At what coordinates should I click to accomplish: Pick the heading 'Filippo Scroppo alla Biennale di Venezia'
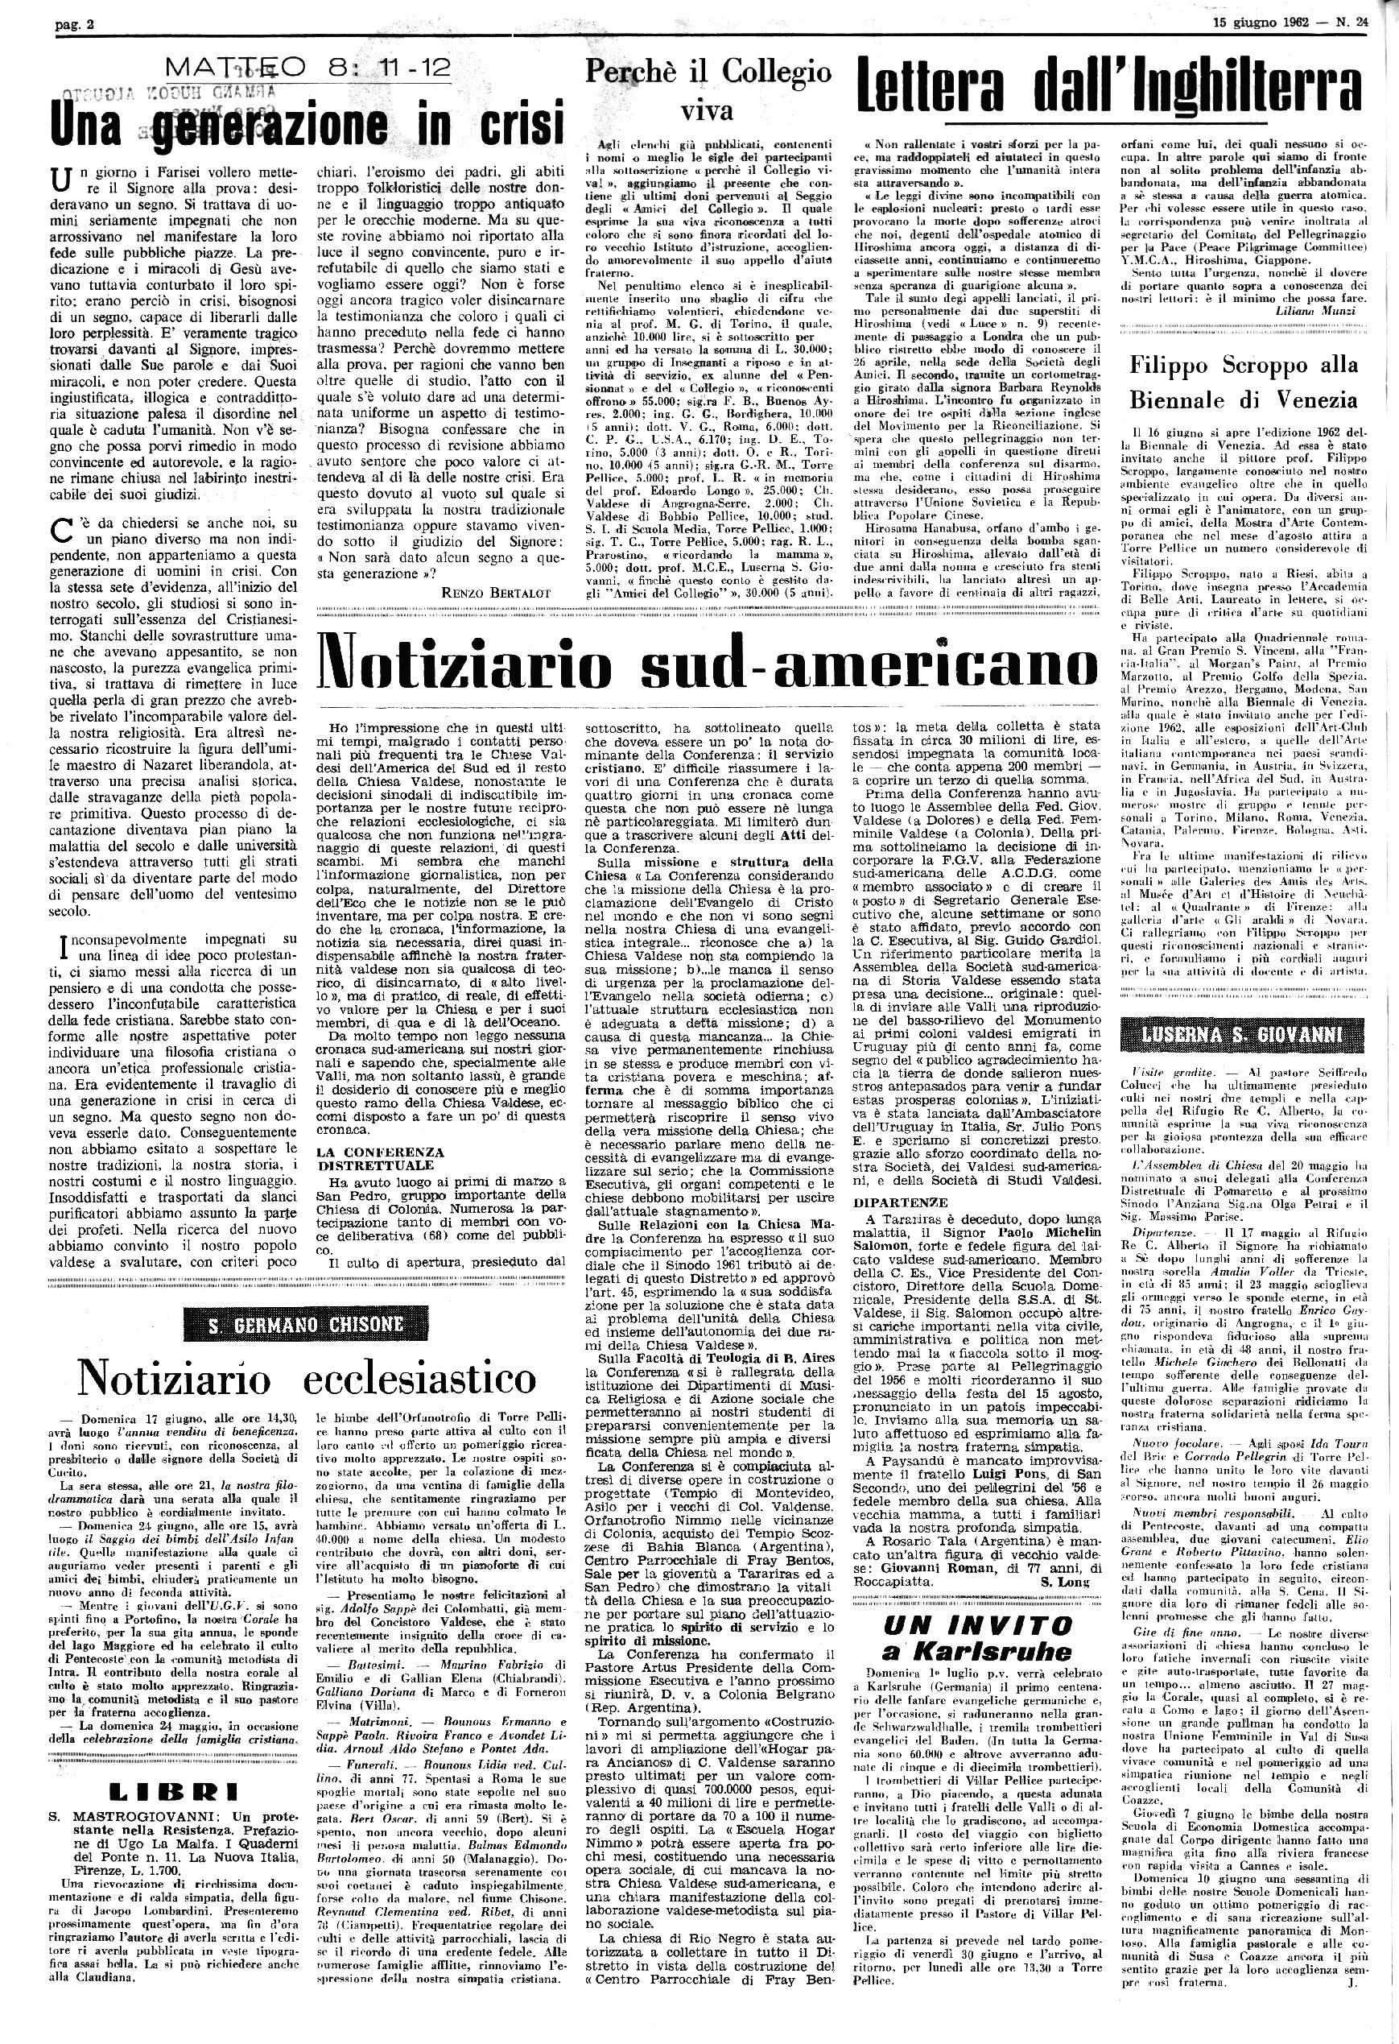point(1244,382)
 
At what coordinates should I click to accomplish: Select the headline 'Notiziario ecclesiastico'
point(305,1377)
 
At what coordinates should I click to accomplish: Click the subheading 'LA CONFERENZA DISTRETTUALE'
point(380,1157)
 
